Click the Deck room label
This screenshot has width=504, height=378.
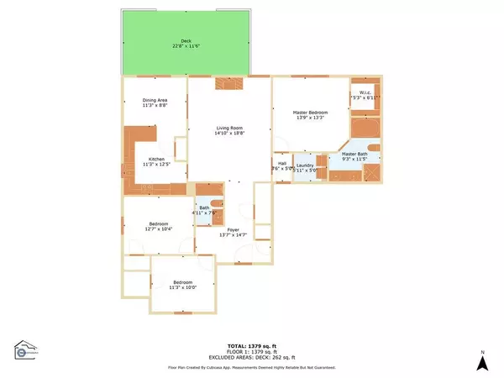tap(186, 41)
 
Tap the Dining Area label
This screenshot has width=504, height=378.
tap(155, 101)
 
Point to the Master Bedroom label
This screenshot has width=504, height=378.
tap(310, 112)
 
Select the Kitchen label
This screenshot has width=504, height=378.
tap(156, 160)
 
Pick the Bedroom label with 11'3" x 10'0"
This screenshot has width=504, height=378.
tap(183, 282)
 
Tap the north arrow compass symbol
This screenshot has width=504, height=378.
tap(482, 361)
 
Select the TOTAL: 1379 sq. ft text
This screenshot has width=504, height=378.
tap(252, 346)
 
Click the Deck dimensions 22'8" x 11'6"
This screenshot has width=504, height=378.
tap(186, 46)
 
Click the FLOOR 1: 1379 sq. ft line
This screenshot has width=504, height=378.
tap(252, 351)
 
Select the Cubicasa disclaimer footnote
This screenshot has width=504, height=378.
tap(252, 367)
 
